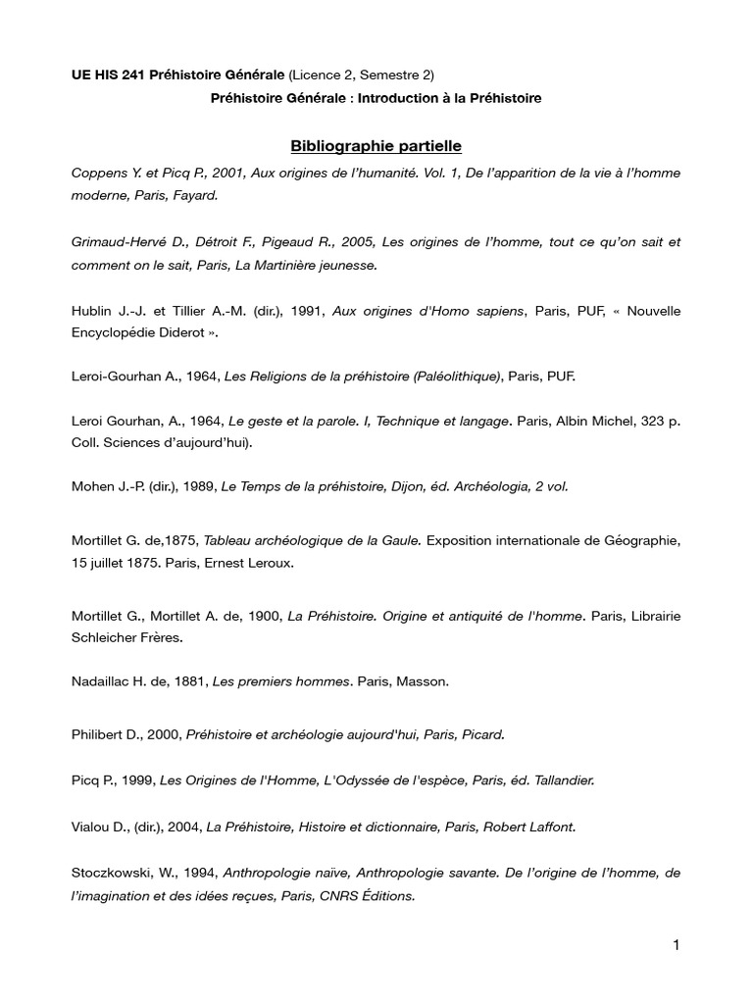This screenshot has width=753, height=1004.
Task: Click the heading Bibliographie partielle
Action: (x=376, y=146)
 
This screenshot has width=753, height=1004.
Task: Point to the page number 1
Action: (x=677, y=945)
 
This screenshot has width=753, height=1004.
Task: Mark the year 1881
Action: (x=192, y=682)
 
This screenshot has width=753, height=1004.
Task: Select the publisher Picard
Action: (x=482, y=733)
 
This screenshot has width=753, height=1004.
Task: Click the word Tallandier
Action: (x=558, y=780)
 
